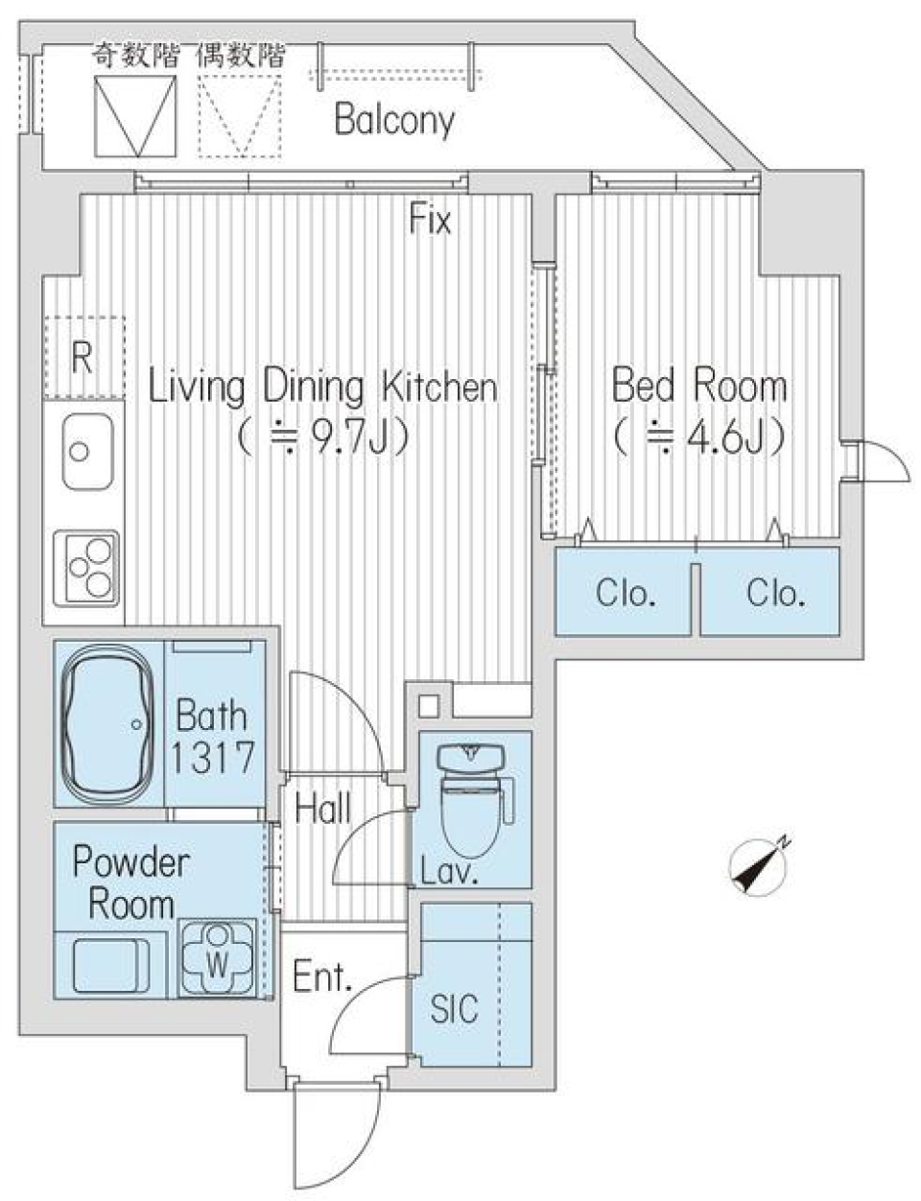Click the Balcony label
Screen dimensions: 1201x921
pos(393,121)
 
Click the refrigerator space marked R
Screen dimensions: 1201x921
pos(83,358)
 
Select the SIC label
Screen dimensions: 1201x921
pos(454,1008)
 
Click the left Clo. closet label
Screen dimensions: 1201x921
pos(626,594)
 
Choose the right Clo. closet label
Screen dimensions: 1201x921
pos(775,594)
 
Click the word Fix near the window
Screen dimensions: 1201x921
pos(430,221)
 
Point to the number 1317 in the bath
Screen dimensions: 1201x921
pos(213,758)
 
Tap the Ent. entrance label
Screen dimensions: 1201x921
pos(322,977)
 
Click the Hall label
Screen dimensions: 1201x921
pos(322,809)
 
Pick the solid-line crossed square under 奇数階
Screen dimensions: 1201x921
pos(135,115)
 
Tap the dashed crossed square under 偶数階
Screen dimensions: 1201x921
pos(240,115)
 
